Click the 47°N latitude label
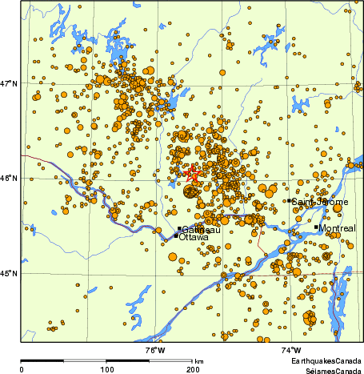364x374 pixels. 9,82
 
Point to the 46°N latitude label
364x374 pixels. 9,178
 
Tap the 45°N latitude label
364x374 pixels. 9,273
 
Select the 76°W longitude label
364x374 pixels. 155,351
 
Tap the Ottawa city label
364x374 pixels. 194,238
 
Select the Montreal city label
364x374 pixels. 336,229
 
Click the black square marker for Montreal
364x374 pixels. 317,227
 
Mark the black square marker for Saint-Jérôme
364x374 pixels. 289,200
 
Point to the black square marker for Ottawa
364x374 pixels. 176,235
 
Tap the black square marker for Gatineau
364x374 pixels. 179,229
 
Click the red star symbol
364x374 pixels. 190,172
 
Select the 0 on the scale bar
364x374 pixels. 21,369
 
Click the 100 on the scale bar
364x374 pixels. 106,369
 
